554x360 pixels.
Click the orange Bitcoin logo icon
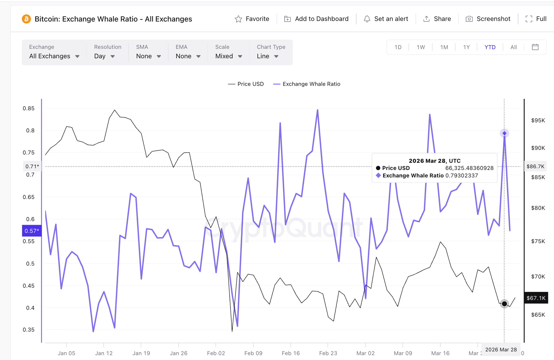pyautogui.click(x=26, y=19)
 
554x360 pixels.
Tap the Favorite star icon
pyautogui.click(x=238, y=19)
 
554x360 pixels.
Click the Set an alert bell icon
pyautogui.click(x=367, y=19)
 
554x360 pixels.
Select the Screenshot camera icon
pyautogui.click(x=469, y=19)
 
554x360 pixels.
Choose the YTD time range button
pyautogui.click(x=490, y=47)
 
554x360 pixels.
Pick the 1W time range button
pyautogui.click(x=421, y=47)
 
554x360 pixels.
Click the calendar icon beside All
pyautogui.click(x=535, y=47)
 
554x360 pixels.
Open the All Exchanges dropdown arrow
pyautogui.click(x=77, y=56)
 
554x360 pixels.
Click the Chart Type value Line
pyautogui.click(x=263, y=56)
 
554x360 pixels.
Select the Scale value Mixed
pyautogui.click(x=224, y=56)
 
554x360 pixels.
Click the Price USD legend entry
pyautogui.click(x=246, y=84)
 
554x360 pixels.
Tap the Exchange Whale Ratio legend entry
pyautogui.click(x=307, y=84)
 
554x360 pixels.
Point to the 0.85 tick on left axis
pyautogui.click(x=28, y=108)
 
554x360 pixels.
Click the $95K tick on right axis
pyautogui.click(x=538, y=120)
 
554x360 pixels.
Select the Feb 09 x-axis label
pyautogui.click(x=253, y=353)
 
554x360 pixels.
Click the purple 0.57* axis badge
pyautogui.click(x=32, y=231)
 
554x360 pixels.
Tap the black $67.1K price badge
pyautogui.click(x=536, y=298)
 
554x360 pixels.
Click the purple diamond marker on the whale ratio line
pyautogui.click(x=504, y=133)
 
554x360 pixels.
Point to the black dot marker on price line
pyautogui.click(x=504, y=304)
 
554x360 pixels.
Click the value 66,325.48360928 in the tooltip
pyautogui.click(x=469, y=168)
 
